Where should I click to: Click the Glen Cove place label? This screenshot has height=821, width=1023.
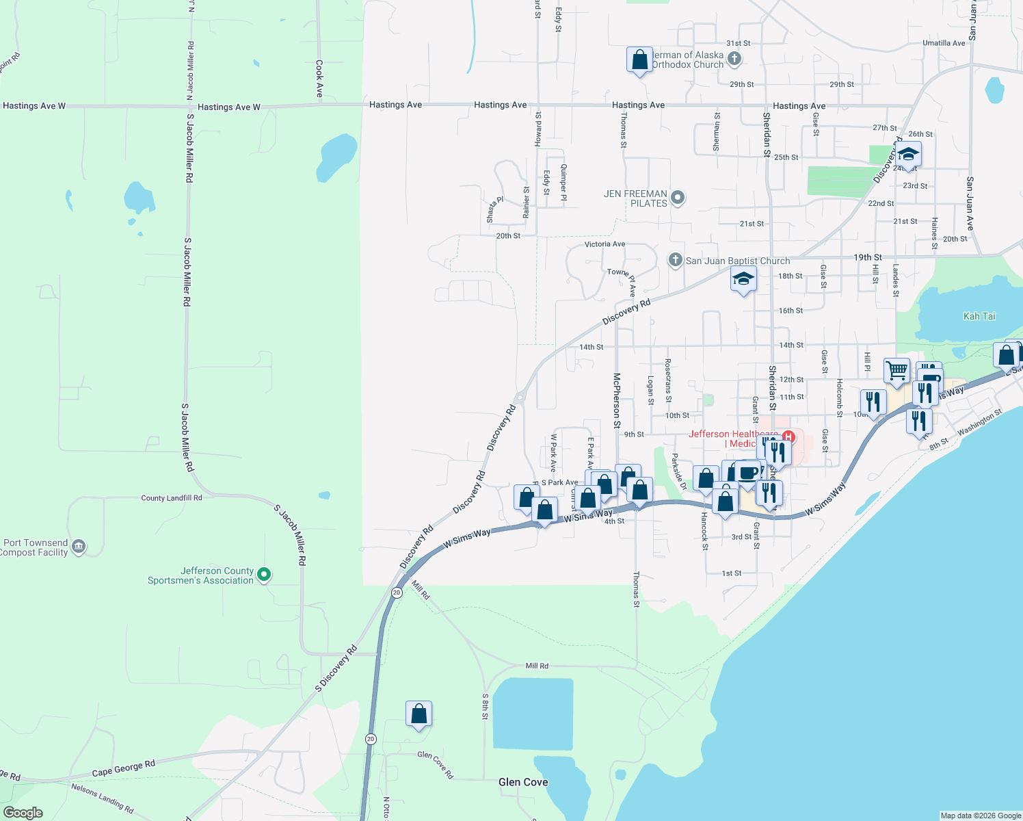click(523, 782)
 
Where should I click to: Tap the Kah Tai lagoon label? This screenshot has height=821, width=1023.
click(979, 316)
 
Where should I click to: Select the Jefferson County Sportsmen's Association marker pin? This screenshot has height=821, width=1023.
click(265, 575)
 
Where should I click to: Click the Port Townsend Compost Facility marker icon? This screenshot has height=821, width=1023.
click(79, 547)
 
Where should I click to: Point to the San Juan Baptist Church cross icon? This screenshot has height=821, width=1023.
click(675, 260)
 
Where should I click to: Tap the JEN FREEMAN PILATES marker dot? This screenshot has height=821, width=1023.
click(678, 198)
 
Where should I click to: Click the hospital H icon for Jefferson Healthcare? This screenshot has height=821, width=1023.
click(788, 436)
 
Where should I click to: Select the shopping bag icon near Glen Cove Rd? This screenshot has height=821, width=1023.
click(418, 714)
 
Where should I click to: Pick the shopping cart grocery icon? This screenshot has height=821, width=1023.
click(896, 371)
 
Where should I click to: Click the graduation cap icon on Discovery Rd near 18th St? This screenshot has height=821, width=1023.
click(743, 279)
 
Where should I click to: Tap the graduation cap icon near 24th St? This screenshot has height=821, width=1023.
click(908, 153)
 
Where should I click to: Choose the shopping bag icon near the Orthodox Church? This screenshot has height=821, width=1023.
click(639, 60)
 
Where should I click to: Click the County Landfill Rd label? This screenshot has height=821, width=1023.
click(172, 498)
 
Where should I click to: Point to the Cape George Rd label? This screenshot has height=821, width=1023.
click(124, 768)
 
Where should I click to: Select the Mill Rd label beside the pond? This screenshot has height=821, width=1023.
click(537, 666)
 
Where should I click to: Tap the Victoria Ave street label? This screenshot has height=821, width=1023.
click(604, 244)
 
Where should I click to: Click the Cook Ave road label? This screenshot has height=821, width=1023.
click(319, 79)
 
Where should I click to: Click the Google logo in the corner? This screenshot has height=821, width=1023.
click(23, 813)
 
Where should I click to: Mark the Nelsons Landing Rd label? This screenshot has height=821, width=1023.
click(103, 797)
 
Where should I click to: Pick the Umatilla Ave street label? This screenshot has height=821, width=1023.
click(944, 43)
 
